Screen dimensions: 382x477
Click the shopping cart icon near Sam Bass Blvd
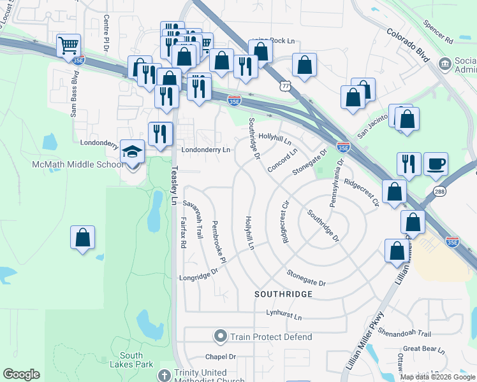[x=68, y=45]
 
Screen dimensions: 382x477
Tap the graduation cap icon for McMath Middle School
[x=132, y=152]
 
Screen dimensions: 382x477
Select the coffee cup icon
[x=436, y=164]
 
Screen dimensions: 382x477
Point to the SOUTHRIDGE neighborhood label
[x=283, y=294]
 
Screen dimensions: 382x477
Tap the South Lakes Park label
[x=136, y=360]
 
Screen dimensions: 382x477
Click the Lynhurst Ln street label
[x=284, y=315]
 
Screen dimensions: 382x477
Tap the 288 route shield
[x=439, y=192]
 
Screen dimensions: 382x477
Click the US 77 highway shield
[x=284, y=83]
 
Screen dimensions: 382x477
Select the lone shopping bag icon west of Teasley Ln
[x=82, y=238]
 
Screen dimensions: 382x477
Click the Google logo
[x=21, y=374]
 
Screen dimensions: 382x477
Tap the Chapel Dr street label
[x=221, y=357]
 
